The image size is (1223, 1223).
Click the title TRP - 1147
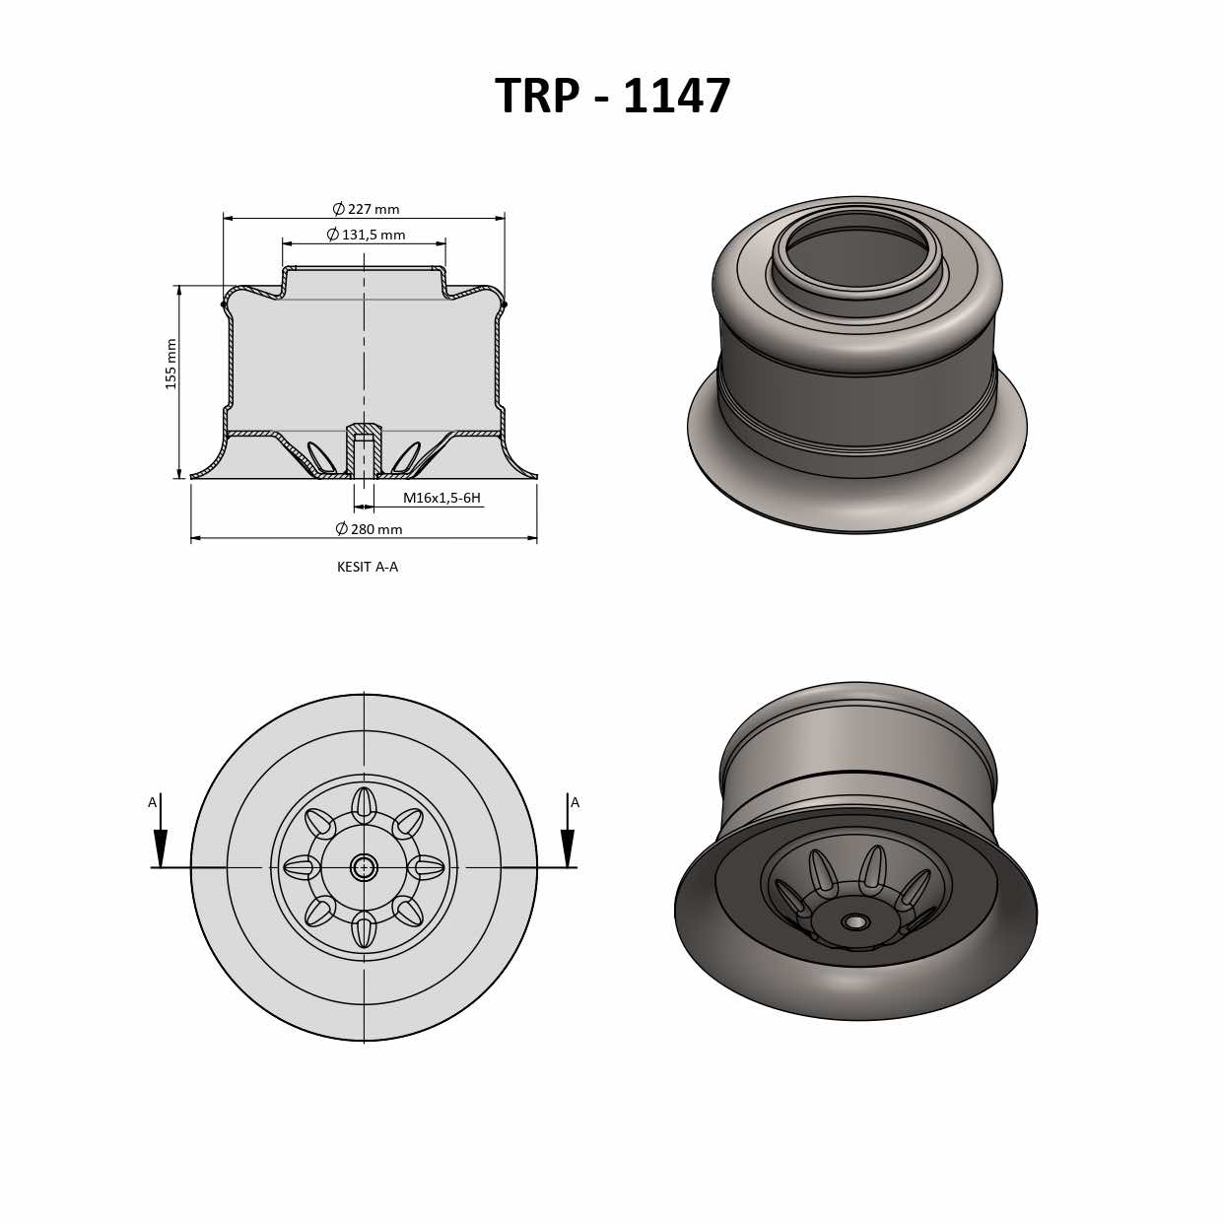pos(612,97)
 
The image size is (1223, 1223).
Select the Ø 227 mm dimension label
pos(366,209)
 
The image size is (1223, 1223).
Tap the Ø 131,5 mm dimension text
pos(366,235)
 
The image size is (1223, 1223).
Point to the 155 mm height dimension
pos(171,364)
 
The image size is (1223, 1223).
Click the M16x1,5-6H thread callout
pos(442,498)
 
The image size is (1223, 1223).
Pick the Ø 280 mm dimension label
pos(369,529)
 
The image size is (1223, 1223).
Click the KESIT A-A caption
pos(368,567)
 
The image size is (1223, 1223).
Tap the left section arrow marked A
pos(161,843)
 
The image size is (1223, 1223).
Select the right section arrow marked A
pos(568,843)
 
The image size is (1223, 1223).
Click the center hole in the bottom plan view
pos(364,867)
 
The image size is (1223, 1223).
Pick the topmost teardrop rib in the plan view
pos(364,805)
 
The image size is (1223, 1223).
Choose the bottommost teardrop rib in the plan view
pos(364,929)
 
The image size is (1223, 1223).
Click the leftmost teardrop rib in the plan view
pos(302,867)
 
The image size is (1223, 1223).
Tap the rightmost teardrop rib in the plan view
pos(427,867)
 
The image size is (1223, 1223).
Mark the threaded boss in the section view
pos(364,450)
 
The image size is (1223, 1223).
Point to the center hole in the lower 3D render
pos(854,922)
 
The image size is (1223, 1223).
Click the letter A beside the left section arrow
pos(152,802)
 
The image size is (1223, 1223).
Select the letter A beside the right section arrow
pos(576,802)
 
